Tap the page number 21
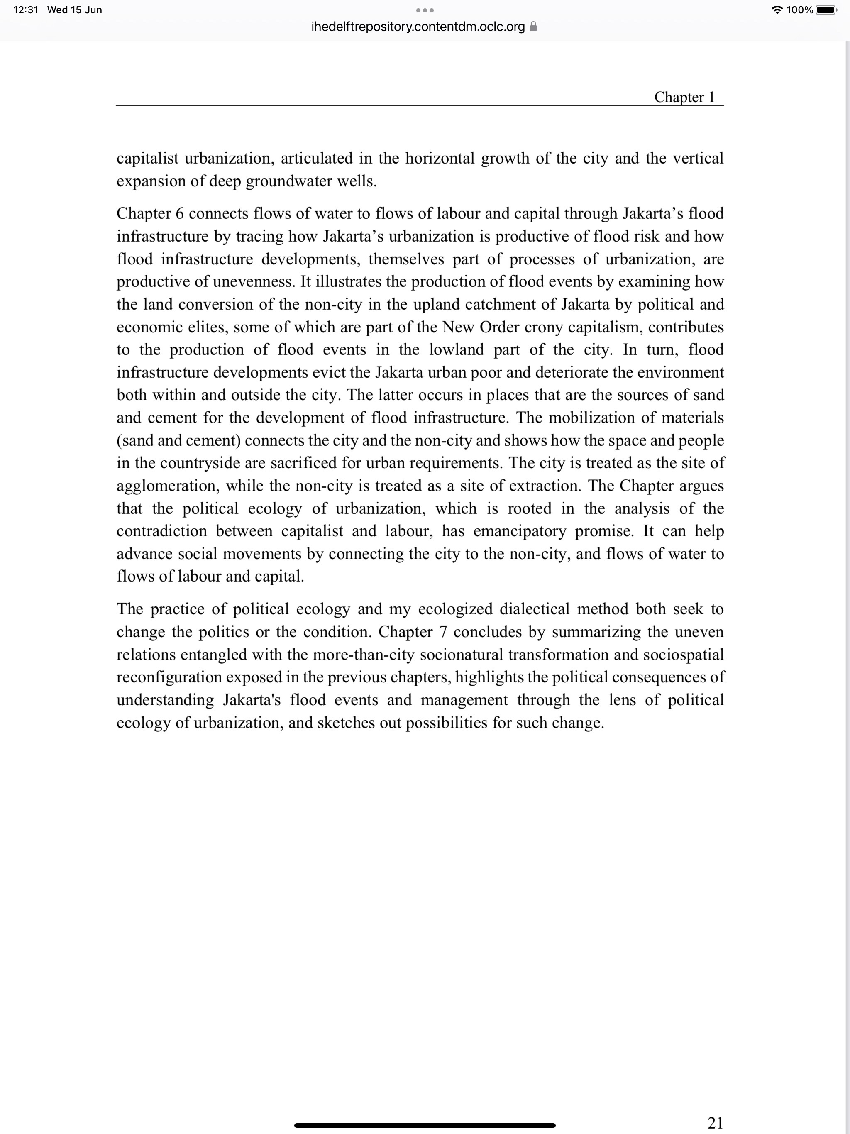pyautogui.click(x=715, y=1122)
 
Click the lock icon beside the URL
pyautogui.click(x=533, y=27)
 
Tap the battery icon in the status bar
pyautogui.click(x=826, y=10)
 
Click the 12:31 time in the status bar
pyautogui.click(x=26, y=10)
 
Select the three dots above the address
pyautogui.click(x=425, y=10)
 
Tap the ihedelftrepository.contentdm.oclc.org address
pyautogui.click(x=418, y=27)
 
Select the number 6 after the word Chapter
pyautogui.click(x=179, y=213)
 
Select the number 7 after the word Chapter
pyautogui.click(x=443, y=632)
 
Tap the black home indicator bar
pyautogui.click(x=425, y=1126)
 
